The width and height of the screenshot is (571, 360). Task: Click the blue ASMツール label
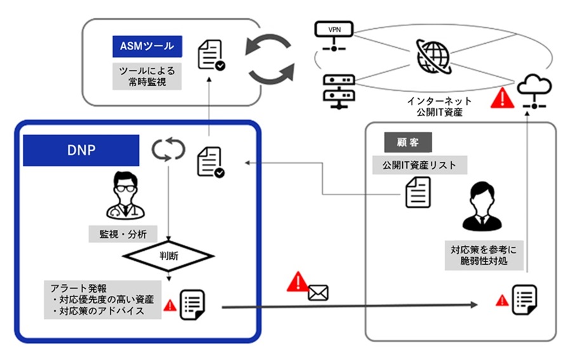tap(147, 46)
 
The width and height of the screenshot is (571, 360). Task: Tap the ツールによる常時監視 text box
tap(147, 76)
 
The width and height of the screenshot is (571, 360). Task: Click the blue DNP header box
tap(81, 150)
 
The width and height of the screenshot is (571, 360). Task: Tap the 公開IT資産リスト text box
tap(419, 166)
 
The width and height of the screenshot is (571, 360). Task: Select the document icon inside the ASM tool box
tap(211, 55)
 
